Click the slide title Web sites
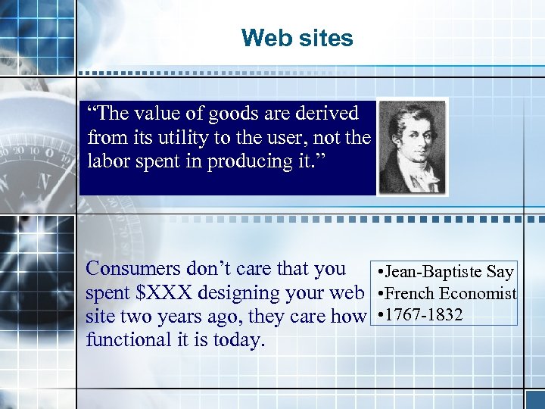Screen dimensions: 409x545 tap(297, 38)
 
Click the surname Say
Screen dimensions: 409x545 tap(500, 271)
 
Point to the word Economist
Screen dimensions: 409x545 tap(478, 293)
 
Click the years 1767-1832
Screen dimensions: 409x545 tap(423, 314)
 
